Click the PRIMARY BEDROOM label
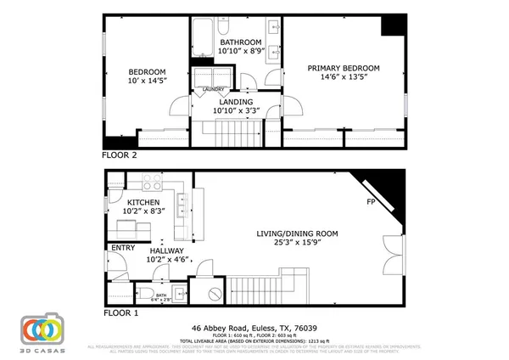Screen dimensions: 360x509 pos(343,68)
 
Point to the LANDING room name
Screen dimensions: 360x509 pos(238,101)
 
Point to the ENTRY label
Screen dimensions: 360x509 pos(118,248)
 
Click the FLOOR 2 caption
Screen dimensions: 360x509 pos(120,156)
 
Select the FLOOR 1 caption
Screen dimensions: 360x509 pos(120,312)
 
